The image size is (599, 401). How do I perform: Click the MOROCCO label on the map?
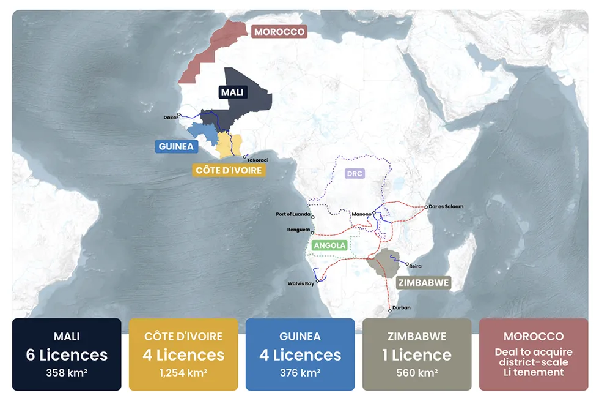point(279,32)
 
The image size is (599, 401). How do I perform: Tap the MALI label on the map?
point(232,92)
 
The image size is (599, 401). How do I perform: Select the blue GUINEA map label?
point(176,147)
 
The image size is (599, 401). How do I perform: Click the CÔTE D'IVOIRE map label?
point(228,170)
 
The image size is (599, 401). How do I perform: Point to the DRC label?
point(355,174)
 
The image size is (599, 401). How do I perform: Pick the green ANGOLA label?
point(329,245)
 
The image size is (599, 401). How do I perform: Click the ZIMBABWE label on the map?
point(424,283)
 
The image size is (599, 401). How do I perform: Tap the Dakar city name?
point(170,117)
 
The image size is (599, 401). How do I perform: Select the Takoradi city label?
point(257,160)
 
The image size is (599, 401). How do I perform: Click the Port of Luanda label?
point(293,215)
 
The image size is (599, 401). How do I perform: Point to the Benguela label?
point(298,230)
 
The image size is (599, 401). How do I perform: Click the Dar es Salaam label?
point(446,207)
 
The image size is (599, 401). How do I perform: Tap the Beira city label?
point(415,266)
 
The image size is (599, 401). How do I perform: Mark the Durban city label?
point(402,307)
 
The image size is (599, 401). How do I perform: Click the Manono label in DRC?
point(361,214)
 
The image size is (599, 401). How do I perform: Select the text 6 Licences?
point(67,354)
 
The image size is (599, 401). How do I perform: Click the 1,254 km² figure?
point(183,372)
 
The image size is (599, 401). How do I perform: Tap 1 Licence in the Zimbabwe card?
point(417,354)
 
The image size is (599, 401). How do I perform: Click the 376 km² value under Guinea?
point(300,372)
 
